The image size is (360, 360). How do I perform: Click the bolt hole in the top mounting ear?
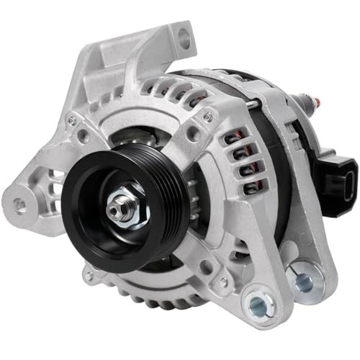pyautogui.click(x=184, y=40)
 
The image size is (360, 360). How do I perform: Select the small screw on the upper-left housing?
pyautogui.click(x=72, y=122)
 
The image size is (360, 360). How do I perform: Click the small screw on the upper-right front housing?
pyautogui.click(x=207, y=117)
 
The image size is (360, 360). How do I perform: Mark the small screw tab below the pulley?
pyautogui.click(x=89, y=274)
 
